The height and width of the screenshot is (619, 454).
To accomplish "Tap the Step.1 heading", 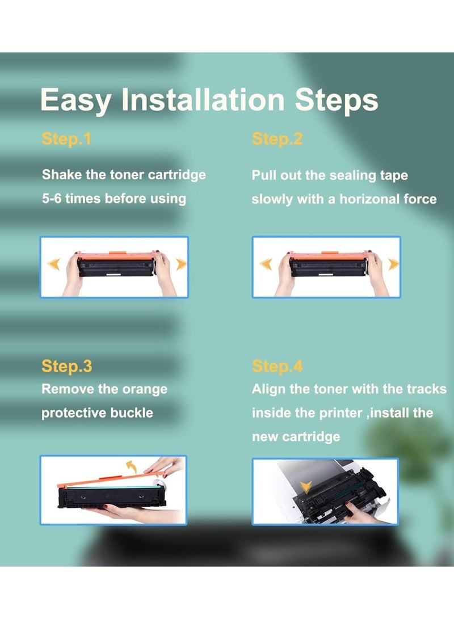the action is click(66, 139).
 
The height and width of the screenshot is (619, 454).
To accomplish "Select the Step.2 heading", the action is click(277, 139).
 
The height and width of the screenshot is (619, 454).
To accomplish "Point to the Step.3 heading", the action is click(67, 367).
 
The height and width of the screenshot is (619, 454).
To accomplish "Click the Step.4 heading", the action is click(277, 367).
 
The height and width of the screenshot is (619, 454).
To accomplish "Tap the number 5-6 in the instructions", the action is click(51, 198).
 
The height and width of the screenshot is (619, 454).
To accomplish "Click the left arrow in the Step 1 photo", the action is click(54, 264).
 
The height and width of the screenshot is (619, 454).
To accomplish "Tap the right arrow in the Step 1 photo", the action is click(181, 264).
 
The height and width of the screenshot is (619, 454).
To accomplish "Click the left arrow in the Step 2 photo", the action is click(266, 264).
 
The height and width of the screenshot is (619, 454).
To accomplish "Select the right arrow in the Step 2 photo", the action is click(393, 264).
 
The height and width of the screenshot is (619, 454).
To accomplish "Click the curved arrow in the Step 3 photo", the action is click(132, 466).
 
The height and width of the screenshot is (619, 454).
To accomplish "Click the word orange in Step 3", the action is click(145, 390).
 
